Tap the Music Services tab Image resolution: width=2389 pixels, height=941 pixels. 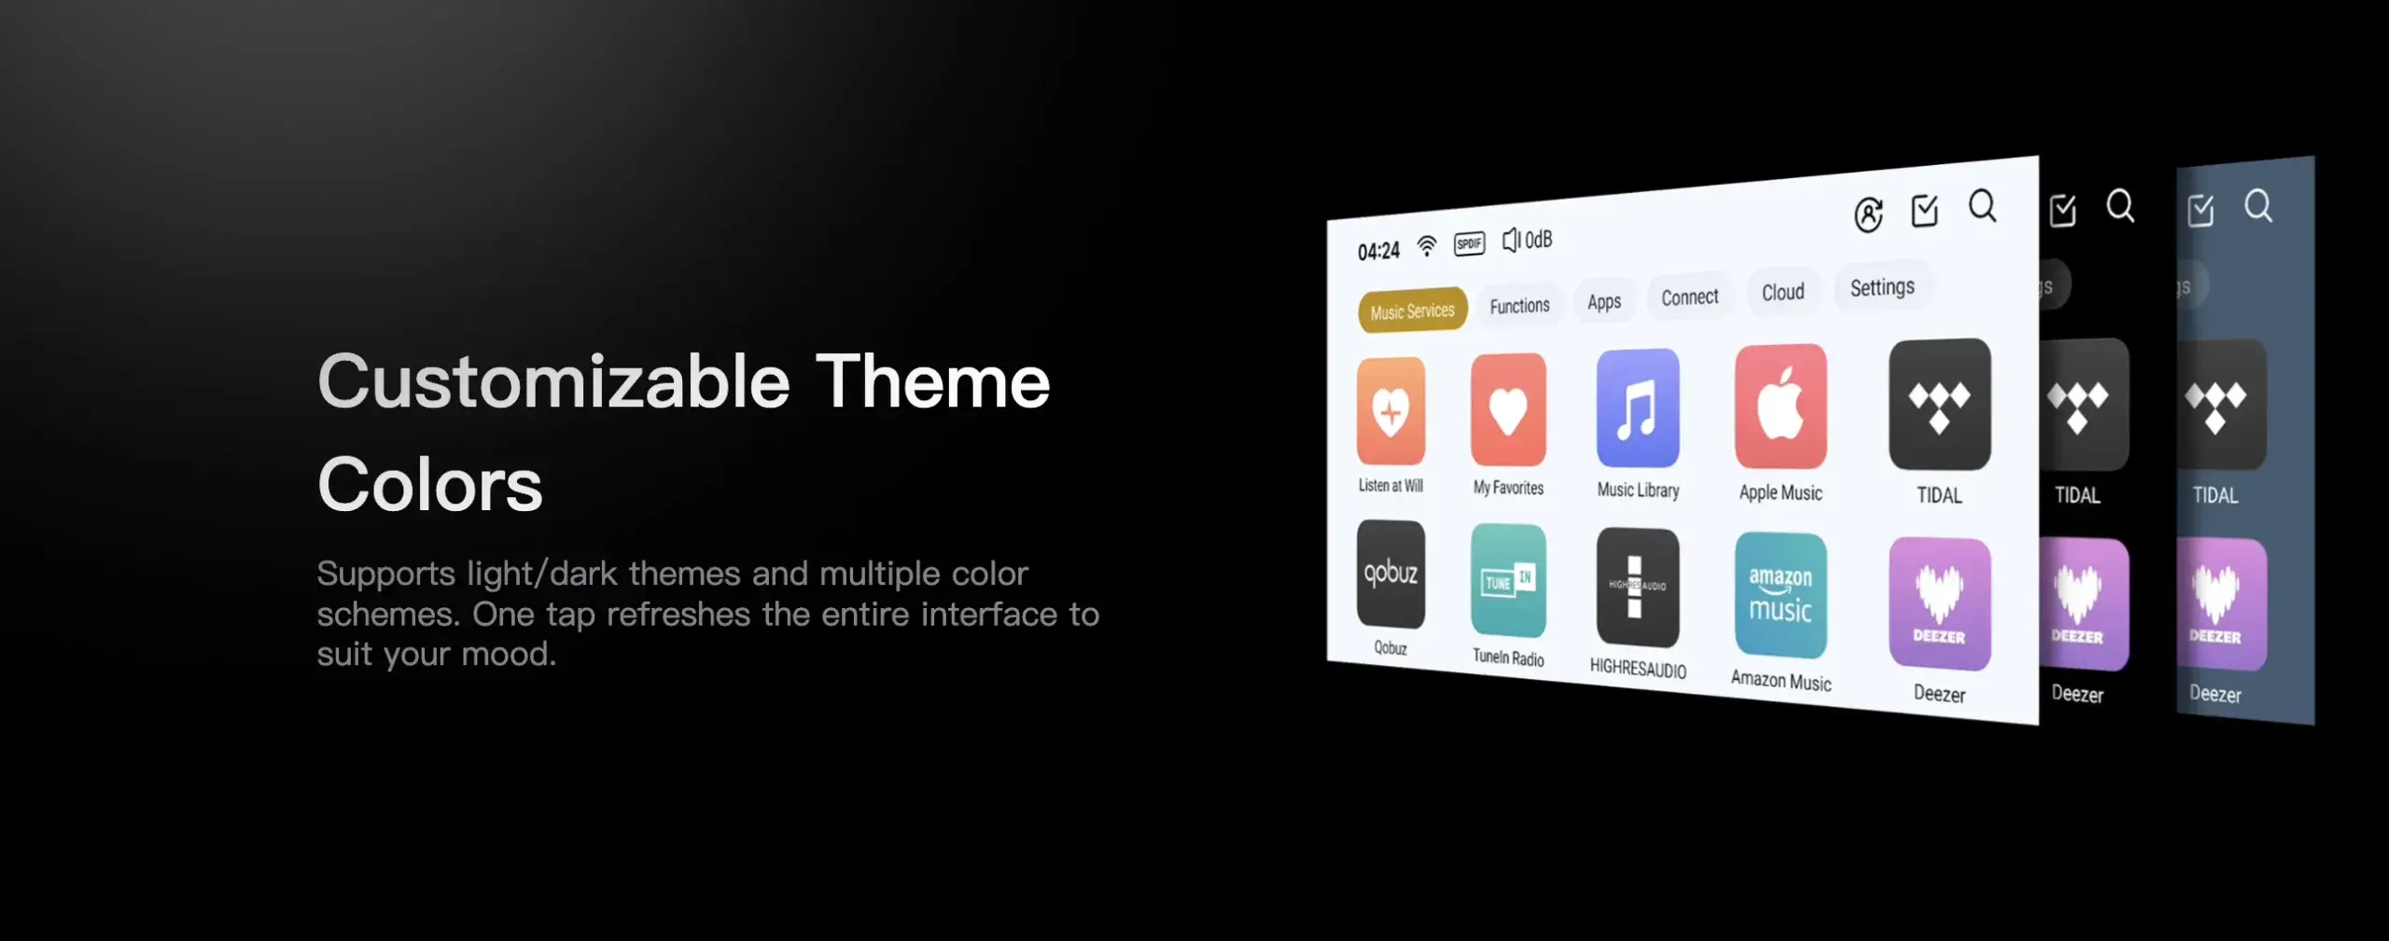[1412, 311]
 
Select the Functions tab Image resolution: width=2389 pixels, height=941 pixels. [1519, 305]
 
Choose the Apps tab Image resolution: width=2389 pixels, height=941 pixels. [1604, 301]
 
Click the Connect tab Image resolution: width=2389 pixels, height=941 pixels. [1689, 297]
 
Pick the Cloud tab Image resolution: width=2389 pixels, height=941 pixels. [1782, 292]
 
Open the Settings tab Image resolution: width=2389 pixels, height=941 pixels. [1882, 287]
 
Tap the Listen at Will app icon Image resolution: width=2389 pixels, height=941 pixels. [1390, 410]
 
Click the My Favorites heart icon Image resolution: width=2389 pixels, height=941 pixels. [1508, 409]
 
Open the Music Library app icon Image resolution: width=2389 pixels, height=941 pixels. [1638, 408]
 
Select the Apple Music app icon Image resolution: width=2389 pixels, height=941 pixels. [1781, 406]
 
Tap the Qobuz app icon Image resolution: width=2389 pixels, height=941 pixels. [1390, 574]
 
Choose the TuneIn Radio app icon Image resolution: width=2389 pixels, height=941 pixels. [1508, 580]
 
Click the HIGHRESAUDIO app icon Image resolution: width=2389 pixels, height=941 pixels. [1638, 587]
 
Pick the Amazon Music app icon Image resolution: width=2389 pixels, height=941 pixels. [1781, 595]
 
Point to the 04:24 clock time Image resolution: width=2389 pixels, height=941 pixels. [1378, 251]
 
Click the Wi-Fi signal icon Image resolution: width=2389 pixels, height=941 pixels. [1427, 246]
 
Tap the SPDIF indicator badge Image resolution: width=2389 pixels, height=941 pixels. [1469, 243]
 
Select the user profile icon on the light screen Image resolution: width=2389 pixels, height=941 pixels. [1868, 214]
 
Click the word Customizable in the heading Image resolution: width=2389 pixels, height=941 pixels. [554, 382]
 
